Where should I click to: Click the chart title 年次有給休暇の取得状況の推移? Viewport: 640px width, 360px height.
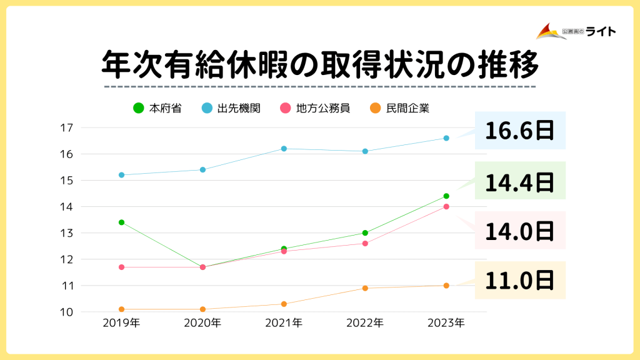pyautogui.click(x=319, y=64)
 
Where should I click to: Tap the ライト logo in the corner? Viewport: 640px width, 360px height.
pyautogui.click(x=576, y=31)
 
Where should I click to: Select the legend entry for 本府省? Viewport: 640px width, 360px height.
pyautogui.click(x=159, y=108)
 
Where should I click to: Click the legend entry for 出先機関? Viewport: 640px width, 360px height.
pyautogui.click(x=232, y=108)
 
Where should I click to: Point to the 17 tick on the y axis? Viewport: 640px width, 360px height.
pyautogui.click(x=66, y=127)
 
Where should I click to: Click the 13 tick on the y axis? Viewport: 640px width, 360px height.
pyautogui.click(x=66, y=233)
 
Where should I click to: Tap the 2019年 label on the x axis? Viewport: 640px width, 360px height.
pyautogui.click(x=121, y=323)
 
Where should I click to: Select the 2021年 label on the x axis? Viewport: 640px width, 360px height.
pyautogui.click(x=284, y=323)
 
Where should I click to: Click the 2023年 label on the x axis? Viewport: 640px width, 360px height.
pyautogui.click(x=446, y=323)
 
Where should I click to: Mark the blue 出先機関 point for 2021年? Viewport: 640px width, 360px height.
pyautogui.click(x=284, y=149)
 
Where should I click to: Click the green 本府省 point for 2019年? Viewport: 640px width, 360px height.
pyautogui.click(x=121, y=222)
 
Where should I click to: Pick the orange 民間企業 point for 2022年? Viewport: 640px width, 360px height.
pyautogui.click(x=365, y=288)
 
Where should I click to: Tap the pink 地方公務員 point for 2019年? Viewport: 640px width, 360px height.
pyautogui.click(x=121, y=267)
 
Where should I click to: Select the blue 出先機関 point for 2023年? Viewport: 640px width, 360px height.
pyautogui.click(x=446, y=138)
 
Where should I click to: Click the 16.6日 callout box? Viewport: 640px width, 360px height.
pyautogui.click(x=520, y=131)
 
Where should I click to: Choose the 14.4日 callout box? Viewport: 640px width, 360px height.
pyautogui.click(x=520, y=181)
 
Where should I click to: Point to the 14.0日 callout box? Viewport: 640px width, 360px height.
pyautogui.click(x=520, y=230)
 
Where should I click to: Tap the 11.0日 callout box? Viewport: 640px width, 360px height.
pyautogui.click(x=520, y=280)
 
